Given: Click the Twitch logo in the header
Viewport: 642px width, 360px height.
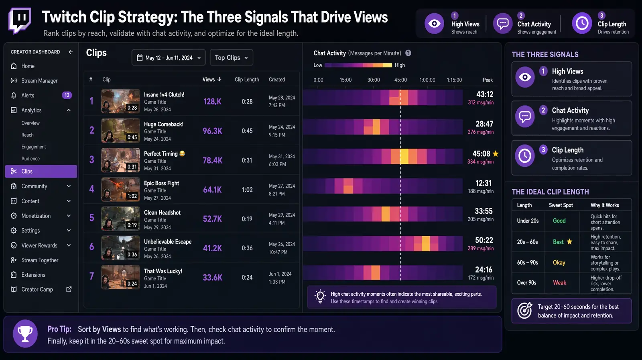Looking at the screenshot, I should pos(19,21).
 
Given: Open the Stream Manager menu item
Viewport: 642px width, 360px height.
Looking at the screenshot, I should pos(39,81).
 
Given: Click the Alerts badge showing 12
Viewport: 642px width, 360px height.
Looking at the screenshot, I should pos(67,95).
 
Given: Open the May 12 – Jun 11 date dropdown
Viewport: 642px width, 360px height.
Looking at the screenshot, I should pos(169,57).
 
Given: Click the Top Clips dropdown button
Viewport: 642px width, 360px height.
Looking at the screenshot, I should pos(231,57).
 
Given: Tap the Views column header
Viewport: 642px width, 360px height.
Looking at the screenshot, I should pos(211,80).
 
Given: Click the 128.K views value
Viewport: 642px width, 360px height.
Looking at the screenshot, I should pos(212,102).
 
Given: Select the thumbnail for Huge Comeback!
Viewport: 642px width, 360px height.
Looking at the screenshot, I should pos(120,131).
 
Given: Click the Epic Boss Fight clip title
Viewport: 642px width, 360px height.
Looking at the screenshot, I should pos(162,183).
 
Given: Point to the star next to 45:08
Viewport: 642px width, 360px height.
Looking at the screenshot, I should pos(496,153).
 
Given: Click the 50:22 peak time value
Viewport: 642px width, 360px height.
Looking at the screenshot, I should pos(484,240).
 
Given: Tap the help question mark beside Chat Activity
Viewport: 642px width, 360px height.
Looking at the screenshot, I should pos(408,53).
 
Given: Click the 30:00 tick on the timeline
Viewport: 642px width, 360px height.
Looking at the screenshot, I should pos(374,80).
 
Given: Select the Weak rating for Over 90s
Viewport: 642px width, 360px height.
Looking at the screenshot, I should pos(559,283).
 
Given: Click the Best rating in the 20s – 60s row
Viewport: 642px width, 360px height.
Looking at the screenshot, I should pos(558,242).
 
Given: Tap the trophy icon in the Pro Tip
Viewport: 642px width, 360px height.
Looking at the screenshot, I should pos(25,333).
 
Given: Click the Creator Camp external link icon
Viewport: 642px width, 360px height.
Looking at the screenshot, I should pos(69,289).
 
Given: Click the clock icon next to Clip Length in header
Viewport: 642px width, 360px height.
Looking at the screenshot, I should pos(582,24).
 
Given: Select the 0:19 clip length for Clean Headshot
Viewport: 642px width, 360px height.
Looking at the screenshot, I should pos(247,219).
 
